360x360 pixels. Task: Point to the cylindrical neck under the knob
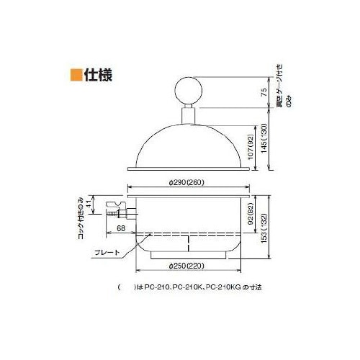point(189,113)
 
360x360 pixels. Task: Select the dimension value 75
point(265,91)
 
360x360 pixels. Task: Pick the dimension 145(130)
point(265,138)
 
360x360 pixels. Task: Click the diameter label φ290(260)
point(188,183)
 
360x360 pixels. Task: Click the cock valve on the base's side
point(117,211)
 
